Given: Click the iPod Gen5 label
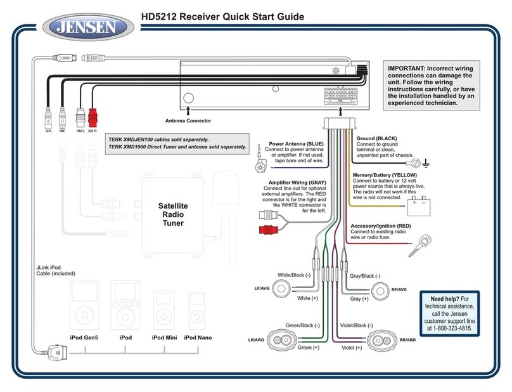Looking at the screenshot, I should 84,337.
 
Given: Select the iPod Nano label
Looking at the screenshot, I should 199,337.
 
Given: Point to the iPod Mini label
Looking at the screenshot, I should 164,337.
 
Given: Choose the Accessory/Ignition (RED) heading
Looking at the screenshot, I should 381,225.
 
